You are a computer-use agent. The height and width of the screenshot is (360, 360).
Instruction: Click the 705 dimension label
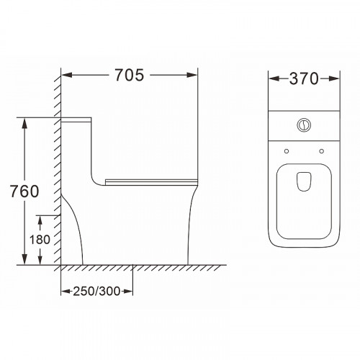point(130,75)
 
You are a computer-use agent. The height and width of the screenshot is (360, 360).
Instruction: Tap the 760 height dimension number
point(24,192)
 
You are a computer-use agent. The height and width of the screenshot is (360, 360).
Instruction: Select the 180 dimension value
point(40,239)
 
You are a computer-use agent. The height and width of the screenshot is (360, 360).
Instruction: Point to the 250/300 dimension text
point(96,291)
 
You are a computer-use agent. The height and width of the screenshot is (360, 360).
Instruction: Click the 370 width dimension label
point(304,78)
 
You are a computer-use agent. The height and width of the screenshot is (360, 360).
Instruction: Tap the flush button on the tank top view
point(304,125)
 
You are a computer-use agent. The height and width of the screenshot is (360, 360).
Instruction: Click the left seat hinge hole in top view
point(287,151)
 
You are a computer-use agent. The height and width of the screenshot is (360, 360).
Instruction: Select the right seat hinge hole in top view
point(322,151)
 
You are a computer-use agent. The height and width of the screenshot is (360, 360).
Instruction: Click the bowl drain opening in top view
point(304,181)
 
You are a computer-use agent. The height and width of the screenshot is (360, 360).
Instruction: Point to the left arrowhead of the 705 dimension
point(67,75)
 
